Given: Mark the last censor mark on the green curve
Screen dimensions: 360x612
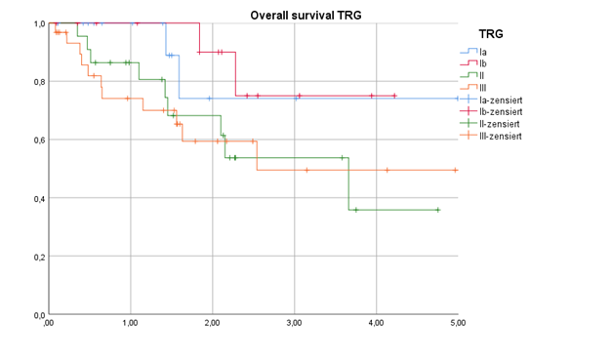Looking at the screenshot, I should coord(437,210).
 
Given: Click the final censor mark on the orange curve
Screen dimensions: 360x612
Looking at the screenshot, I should coord(455,170).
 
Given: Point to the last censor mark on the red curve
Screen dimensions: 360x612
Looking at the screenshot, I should coord(394,96).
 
